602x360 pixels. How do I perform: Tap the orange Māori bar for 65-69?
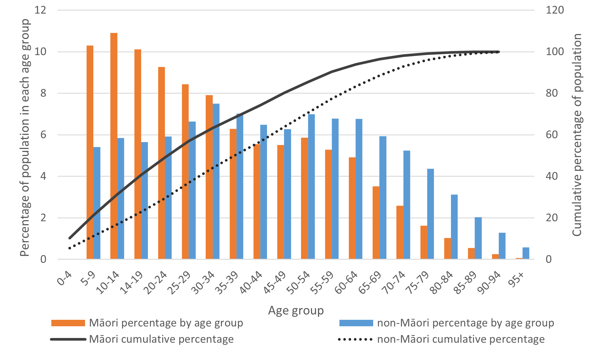[376, 223]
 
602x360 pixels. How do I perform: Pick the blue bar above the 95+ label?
[526, 253]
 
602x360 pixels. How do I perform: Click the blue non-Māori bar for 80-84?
[454, 227]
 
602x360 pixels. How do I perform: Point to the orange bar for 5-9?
[90, 152]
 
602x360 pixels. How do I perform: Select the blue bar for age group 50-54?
[311, 187]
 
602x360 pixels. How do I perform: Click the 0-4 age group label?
[64, 278]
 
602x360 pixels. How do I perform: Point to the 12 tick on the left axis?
[40, 10]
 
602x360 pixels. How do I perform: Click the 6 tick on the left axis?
[43, 135]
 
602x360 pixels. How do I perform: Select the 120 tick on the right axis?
[554, 10]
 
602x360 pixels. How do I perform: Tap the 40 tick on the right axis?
[552, 176]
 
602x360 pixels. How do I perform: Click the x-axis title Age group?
[296, 310]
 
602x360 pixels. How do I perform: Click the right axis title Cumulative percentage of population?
[577, 135]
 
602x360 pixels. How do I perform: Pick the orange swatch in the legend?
[68, 323]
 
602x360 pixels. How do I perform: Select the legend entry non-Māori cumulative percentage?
[461, 339]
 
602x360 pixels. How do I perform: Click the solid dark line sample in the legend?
[68, 339]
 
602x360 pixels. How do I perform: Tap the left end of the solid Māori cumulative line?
[70, 238]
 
